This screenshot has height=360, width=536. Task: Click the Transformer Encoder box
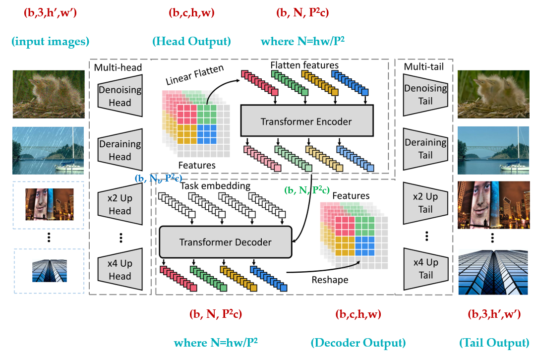307,120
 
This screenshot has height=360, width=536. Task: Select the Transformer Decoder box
226,242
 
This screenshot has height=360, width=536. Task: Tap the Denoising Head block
120,96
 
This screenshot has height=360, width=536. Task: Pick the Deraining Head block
120,150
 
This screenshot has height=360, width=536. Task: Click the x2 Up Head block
120,204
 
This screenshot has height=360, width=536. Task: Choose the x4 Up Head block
120,269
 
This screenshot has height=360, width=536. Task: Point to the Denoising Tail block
425,95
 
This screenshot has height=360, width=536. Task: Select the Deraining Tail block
425,149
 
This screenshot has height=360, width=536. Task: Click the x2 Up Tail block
425,203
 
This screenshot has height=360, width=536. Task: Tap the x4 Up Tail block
425,269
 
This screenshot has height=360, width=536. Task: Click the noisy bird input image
49,94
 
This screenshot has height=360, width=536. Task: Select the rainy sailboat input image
48,151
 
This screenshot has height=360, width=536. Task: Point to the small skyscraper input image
50,271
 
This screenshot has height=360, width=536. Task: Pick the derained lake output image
493,150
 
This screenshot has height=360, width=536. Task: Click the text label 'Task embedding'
215,185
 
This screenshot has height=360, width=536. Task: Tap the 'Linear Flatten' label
194,75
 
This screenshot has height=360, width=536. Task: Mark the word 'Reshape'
330,280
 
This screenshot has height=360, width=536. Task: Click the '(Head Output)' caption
191,41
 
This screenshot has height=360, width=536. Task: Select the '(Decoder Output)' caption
358,343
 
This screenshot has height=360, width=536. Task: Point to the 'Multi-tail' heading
424,66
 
